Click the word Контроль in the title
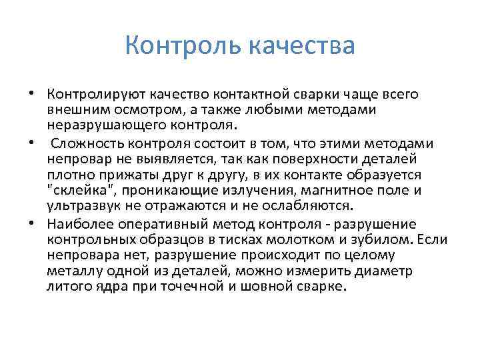click(182, 46)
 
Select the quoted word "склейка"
click(76, 189)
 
